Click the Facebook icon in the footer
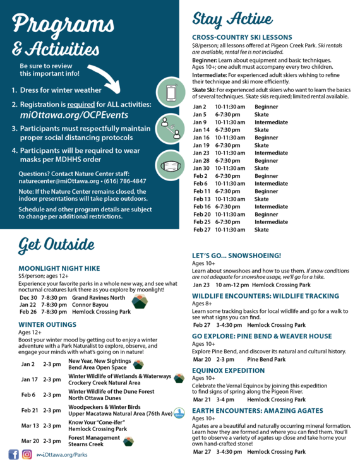[13, 454]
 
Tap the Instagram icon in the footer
[27, 454]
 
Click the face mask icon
[170, 166]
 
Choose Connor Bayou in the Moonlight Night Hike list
[92, 304]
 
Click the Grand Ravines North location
[99, 297]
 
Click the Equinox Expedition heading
[228, 370]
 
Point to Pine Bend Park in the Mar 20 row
[266, 359]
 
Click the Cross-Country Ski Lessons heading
[242, 37]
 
